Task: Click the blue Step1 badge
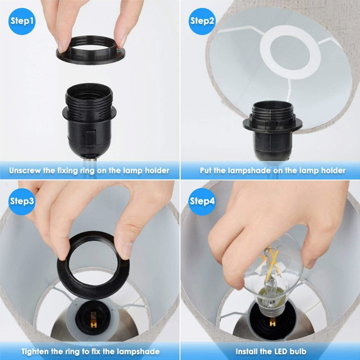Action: point(22,21)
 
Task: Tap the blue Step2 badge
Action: point(202,21)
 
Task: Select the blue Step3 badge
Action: point(22,201)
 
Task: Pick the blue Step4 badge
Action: point(202,201)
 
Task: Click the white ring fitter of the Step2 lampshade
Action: point(290,52)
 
